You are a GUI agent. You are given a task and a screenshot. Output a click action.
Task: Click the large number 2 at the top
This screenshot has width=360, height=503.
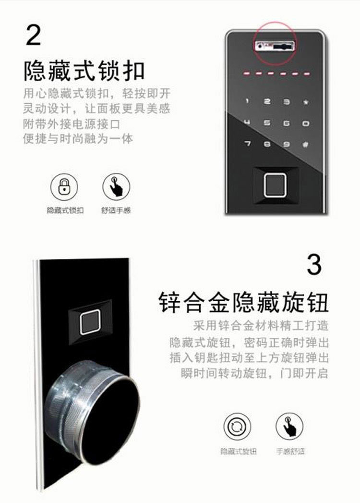pyautogui.click(x=33, y=34)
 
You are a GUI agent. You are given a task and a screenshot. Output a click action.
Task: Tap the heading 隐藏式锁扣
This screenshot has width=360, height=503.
pyautogui.click(x=84, y=71)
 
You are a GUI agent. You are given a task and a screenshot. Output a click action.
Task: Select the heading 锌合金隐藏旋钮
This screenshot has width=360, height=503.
pyautogui.click(x=244, y=302)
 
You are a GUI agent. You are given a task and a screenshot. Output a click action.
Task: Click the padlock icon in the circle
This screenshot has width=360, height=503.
pyautogui.click(x=64, y=186)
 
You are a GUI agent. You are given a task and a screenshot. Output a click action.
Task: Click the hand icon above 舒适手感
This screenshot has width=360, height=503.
pyautogui.click(x=116, y=186)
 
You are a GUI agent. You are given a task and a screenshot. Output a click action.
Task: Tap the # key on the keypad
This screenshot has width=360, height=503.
pyautogui.click(x=305, y=145)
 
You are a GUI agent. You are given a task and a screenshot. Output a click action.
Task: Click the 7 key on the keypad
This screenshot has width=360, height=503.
pyautogui.click(x=247, y=143)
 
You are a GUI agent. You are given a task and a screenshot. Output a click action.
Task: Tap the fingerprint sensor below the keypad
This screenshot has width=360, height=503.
pyautogui.click(x=275, y=185)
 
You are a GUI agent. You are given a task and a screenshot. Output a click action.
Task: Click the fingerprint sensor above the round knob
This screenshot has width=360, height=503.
pyautogui.click(x=91, y=322)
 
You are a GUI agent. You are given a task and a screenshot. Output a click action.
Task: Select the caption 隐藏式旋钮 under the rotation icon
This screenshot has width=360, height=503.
pyautogui.click(x=239, y=451)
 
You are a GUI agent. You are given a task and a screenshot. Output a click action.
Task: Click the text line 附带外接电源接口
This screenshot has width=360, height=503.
pyautogui.click(x=72, y=124)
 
